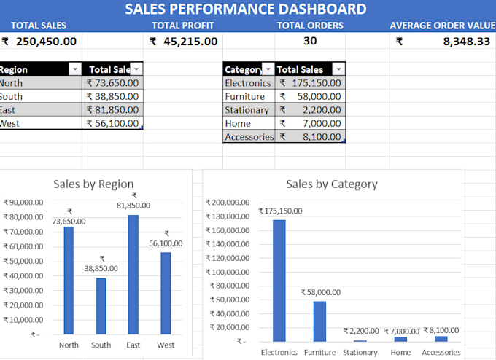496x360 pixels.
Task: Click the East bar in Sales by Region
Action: pyautogui.click(x=133, y=274)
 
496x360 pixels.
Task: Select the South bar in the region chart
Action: pyautogui.click(x=101, y=306)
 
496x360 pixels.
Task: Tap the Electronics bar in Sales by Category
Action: pyautogui.click(x=279, y=281)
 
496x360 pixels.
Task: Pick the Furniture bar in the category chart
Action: pyautogui.click(x=319, y=321)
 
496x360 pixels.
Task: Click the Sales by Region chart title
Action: pyautogui.click(x=93, y=184)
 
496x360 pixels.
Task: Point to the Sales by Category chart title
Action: pyautogui.click(x=332, y=184)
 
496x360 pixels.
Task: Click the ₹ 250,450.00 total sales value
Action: pyautogui.click(x=39, y=42)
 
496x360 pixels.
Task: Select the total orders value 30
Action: pyautogui.click(x=310, y=41)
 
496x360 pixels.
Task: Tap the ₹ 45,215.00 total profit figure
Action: pyautogui.click(x=184, y=42)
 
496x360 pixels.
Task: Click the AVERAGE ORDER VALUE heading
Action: pyautogui.click(x=443, y=26)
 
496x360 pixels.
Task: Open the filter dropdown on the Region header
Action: pyautogui.click(x=75, y=69)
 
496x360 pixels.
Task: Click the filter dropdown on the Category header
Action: pyautogui.click(x=268, y=69)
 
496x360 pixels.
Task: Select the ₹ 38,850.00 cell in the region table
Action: pyautogui.click(x=112, y=96)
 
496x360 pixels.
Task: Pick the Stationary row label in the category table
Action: pyautogui.click(x=247, y=110)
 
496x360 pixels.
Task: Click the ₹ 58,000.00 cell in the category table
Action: pyautogui.click(x=310, y=96)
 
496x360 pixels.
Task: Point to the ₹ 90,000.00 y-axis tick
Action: pyautogui.click(x=23, y=203)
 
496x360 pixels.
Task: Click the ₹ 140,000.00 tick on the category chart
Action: pyautogui.click(x=228, y=244)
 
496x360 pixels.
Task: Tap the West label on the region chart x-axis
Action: pyautogui.click(x=166, y=345)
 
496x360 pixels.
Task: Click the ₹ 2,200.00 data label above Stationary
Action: pyautogui.click(x=361, y=331)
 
